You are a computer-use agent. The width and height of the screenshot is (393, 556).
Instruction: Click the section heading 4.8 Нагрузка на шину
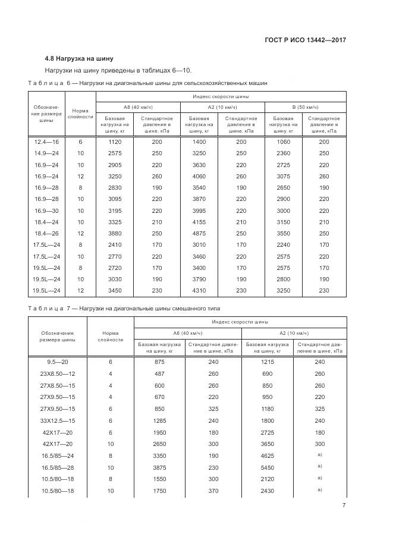coord(78,58)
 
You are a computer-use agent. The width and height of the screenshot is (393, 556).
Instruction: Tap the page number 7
coord(344,505)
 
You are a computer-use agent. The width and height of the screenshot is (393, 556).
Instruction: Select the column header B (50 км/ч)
coord(306,107)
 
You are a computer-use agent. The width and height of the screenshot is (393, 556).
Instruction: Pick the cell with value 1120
coord(115,142)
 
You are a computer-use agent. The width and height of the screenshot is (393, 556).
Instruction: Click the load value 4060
coord(199,177)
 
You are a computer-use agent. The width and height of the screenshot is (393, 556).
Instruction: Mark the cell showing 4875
coord(199,234)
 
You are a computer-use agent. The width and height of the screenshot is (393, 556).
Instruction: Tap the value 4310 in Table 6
coord(199,290)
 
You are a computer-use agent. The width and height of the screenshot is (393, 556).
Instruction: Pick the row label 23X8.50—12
coord(58,373)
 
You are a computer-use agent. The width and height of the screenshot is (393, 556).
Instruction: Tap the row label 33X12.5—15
coord(58,420)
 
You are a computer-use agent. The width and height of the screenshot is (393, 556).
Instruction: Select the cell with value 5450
coord(268,467)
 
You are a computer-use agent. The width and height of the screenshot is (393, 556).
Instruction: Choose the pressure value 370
coord(212,491)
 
